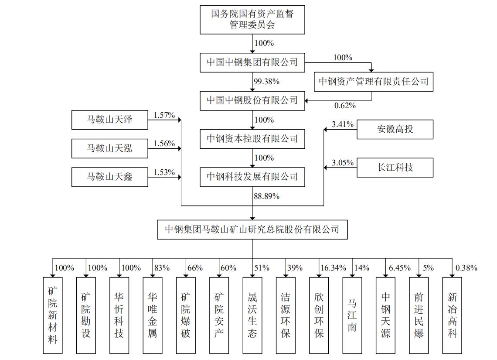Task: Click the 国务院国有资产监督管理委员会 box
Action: [x=252, y=20]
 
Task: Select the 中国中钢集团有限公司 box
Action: [x=252, y=62]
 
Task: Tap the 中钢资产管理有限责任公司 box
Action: [x=374, y=81]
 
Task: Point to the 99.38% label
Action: [x=266, y=82]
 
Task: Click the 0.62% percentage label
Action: [x=345, y=105]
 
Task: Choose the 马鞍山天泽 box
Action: [x=110, y=120]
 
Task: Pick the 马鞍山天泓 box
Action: [x=110, y=148]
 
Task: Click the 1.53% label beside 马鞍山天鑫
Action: [x=164, y=172]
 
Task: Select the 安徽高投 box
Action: [x=395, y=129]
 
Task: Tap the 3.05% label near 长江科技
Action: [x=342, y=163]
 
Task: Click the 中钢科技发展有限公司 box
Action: [x=252, y=177]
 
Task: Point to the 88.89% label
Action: [x=266, y=196]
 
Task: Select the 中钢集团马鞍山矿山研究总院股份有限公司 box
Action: [x=252, y=229]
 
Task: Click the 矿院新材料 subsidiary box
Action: [x=53, y=315]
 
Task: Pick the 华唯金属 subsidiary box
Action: [x=153, y=315]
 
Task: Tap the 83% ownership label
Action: [x=162, y=268]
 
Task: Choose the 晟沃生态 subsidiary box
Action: [x=252, y=315]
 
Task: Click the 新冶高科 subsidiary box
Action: [x=452, y=315]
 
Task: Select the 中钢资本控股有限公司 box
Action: [x=252, y=139]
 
